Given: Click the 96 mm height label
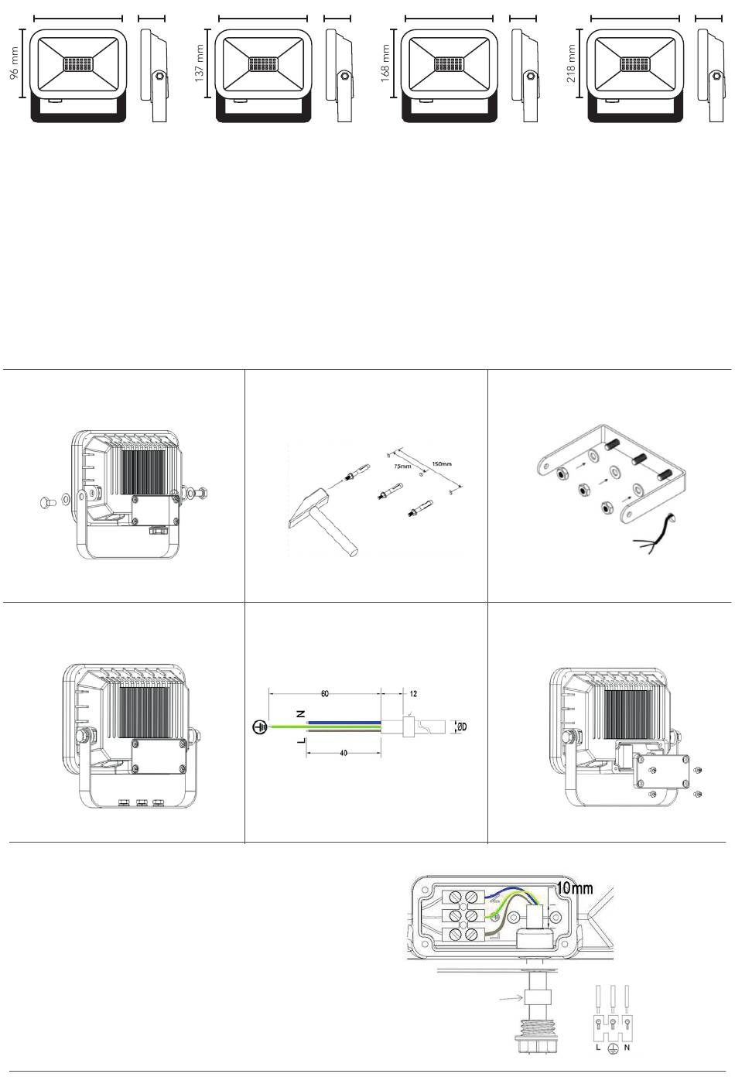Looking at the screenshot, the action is [14, 63].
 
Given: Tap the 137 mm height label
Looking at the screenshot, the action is [200, 63].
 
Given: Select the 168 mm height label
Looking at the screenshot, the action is [385, 63].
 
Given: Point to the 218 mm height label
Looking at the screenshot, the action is [571, 63].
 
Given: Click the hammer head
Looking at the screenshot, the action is [306, 508].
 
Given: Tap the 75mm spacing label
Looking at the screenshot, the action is [402, 467].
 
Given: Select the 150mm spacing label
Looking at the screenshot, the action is [441, 464].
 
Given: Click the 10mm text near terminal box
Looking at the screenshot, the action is [574, 887].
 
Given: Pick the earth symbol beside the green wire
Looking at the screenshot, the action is [260, 727].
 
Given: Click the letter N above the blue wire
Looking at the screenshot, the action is [301, 714].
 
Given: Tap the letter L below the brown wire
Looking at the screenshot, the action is [301, 740].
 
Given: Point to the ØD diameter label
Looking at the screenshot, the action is [461, 727].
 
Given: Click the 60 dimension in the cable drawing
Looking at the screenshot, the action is [325, 694].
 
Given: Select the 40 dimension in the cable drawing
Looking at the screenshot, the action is [344, 753].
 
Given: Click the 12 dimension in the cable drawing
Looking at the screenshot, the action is [413, 694].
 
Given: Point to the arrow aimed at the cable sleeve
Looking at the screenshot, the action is [511, 999].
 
